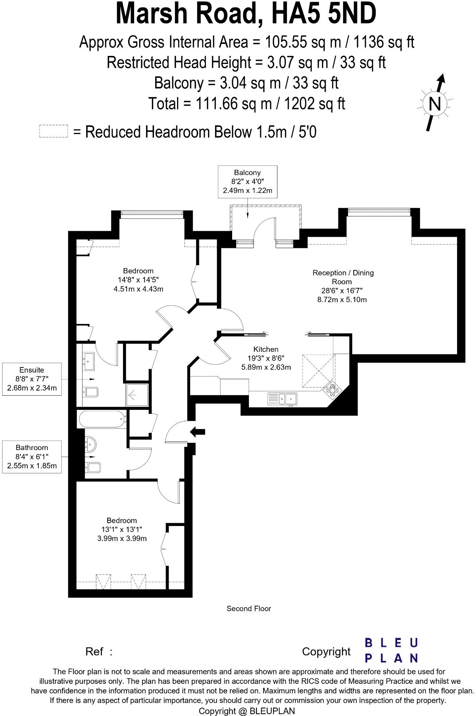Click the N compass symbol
(434, 104)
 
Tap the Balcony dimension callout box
(247, 182)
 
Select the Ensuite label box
(32, 379)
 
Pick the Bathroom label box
(32, 457)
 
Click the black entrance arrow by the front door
(198, 431)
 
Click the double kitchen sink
(282, 399)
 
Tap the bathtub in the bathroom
(101, 419)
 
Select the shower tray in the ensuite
(137, 395)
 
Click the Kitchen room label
(266, 349)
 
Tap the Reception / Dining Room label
(343, 277)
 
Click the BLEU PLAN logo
(391, 650)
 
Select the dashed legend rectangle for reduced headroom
(54, 131)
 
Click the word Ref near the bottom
(94, 652)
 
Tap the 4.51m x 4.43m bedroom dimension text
(138, 289)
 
